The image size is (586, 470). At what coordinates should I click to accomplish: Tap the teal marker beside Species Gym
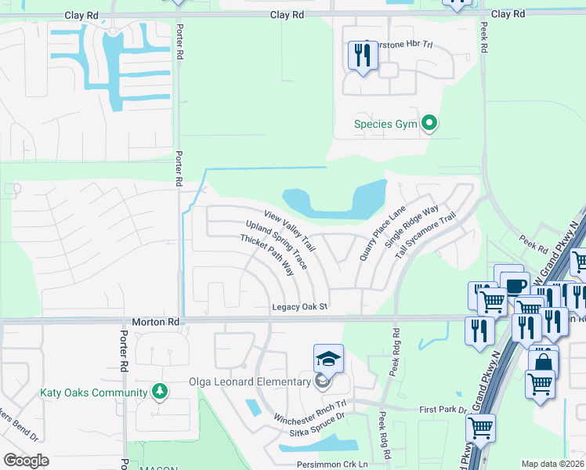click(429, 123)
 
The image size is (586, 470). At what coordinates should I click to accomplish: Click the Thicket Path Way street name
click(266, 255)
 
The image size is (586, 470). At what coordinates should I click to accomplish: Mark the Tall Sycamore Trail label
click(425, 236)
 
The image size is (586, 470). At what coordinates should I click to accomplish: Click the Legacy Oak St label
click(299, 307)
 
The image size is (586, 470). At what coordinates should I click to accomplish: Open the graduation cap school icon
click(328, 360)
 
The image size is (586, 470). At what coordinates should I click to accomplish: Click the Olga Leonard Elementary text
click(250, 382)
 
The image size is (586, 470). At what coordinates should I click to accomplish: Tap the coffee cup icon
click(516, 286)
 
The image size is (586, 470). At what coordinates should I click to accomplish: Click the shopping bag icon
click(542, 362)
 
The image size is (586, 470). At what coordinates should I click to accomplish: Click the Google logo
click(26, 461)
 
